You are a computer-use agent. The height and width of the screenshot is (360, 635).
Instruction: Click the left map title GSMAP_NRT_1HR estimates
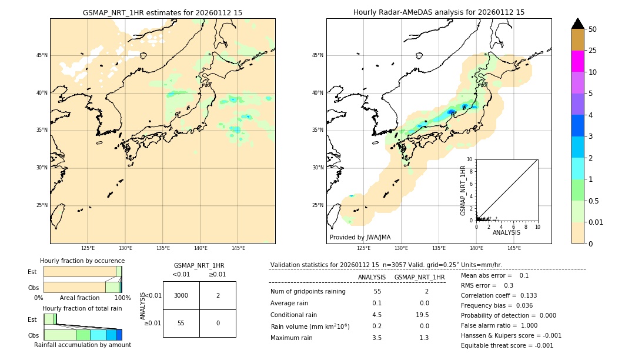coord(162,12)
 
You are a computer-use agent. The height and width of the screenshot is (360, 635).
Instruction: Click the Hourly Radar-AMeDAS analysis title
coord(439,12)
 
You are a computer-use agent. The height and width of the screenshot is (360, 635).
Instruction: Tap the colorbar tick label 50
coord(593,29)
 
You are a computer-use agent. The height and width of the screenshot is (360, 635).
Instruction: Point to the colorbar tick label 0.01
coord(596,222)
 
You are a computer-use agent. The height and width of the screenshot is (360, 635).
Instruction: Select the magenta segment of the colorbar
coord(577,61)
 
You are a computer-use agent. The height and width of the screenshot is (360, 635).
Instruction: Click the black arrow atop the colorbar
coord(577,24)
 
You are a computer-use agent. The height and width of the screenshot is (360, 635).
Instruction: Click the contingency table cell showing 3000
coord(181,295)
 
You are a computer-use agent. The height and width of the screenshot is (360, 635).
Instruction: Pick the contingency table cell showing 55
coord(181,323)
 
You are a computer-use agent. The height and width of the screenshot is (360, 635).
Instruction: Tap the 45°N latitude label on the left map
coord(42,55)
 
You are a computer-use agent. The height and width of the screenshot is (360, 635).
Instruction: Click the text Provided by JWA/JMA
coord(360,238)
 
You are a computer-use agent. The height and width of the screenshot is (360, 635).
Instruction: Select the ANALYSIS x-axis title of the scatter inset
coord(506,233)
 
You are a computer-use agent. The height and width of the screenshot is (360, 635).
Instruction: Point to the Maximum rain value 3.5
coord(376,338)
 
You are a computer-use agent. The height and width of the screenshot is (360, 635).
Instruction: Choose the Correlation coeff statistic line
coord(499,296)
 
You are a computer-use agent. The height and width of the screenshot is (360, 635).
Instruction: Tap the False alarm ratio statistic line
coord(499,325)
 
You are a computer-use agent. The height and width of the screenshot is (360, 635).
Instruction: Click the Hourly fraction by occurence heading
coord(82,261)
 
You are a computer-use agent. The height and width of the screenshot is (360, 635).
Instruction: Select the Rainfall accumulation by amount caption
coord(82,345)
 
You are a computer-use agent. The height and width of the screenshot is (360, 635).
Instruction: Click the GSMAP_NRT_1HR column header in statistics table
coord(419,277)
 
